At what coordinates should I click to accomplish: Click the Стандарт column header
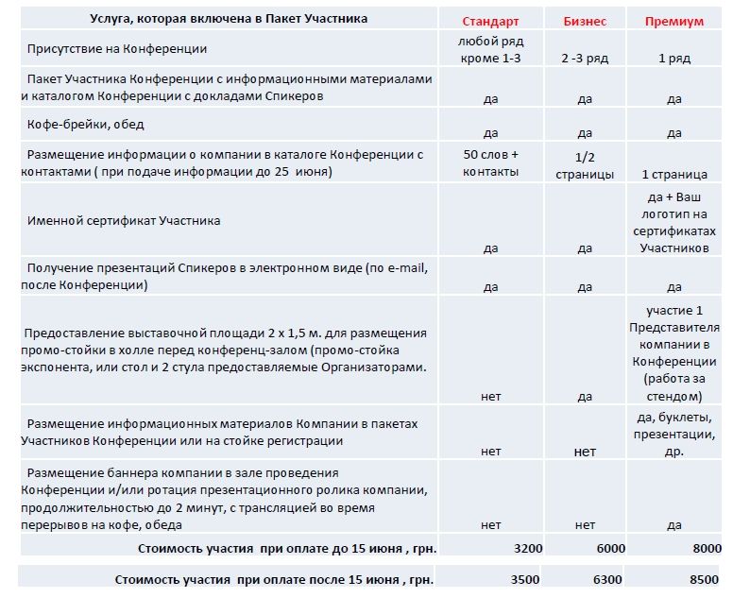point(490,21)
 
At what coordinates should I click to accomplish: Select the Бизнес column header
point(585,21)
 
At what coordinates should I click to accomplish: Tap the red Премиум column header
point(674,21)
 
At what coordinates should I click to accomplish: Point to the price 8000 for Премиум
point(706,547)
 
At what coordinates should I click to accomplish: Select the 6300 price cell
point(610,579)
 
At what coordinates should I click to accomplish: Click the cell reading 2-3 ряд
point(585,58)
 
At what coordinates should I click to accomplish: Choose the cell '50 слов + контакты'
point(490,162)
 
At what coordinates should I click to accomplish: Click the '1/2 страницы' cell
point(585,165)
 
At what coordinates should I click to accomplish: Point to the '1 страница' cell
point(674,174)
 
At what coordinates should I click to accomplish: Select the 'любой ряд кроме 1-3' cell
point(490,49)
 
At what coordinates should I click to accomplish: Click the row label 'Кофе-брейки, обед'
point(86,124)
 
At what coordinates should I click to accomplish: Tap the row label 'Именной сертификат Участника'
point(124,220)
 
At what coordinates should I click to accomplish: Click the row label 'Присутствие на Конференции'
point(117,48)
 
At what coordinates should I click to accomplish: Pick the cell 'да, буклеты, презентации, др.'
point(674,434)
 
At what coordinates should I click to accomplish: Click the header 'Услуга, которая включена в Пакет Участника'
point(230,18)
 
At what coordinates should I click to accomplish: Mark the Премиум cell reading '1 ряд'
point(674,58)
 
